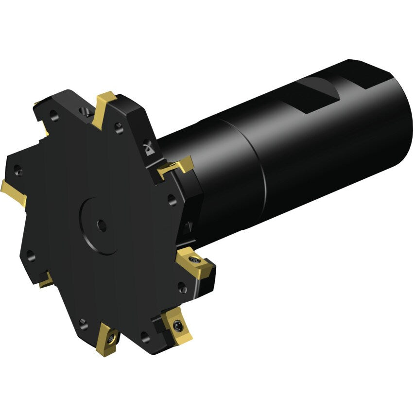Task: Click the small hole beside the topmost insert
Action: [118, 127]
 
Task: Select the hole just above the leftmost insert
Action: [18, 170]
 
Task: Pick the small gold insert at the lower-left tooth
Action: [47, 280]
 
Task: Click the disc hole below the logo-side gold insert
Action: [171, 198]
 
